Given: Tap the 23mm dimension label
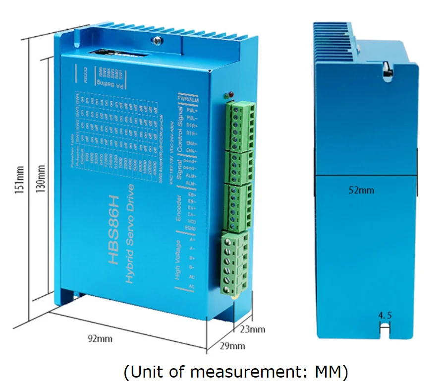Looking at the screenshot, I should pyautogui.click(x=253, y=329).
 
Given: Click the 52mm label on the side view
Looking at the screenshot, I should pyautogui.click(x=361, y=190).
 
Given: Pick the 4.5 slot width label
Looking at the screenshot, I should pyautogui.click(x=385, y=315).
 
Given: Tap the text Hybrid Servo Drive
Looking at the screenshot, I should pyautogui.click(x=130, y=234).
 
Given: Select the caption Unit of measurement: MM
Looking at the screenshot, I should pyautogui.click(x=235, y=371).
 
